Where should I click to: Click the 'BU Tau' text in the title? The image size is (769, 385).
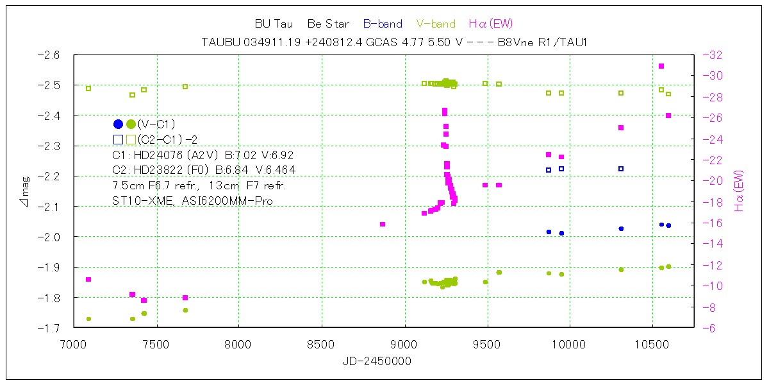[274, 24]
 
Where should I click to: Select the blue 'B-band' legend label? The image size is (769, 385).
[383, 24]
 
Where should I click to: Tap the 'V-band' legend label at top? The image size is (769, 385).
[436, 24]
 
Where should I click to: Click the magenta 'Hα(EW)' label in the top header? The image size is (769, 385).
[491, 24]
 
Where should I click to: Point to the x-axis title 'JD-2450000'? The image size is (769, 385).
[377, 362]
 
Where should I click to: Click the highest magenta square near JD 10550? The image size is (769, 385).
[661, 66]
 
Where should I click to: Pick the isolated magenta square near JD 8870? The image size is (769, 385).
[383, 224]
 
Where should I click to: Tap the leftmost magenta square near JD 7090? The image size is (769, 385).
[88, 279]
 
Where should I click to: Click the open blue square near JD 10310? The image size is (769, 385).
[621, 169]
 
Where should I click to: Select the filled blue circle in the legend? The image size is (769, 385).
[118, 124]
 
